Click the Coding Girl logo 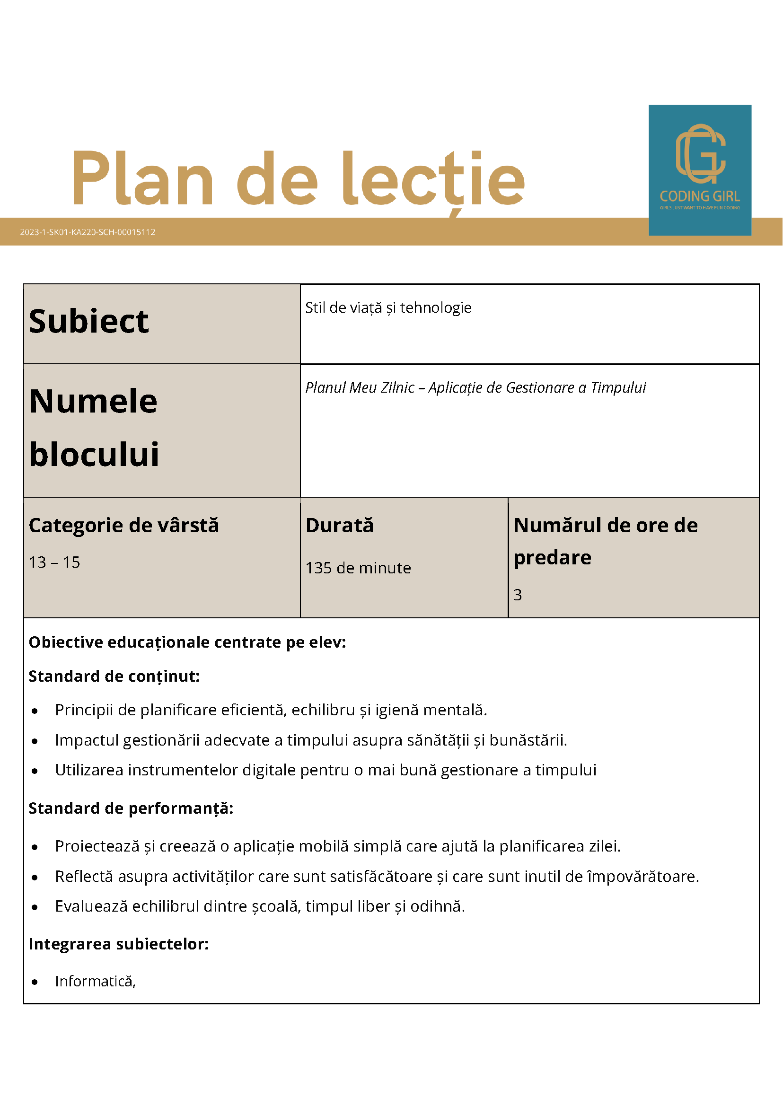point(700,170)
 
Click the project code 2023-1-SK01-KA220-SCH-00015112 point(88,232)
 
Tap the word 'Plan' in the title point(142,178)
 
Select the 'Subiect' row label point(89,322)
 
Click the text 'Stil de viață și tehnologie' point(388,307)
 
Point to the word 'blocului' point(94,455)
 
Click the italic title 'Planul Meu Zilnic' point(360,387)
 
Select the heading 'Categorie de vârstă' point(124,526)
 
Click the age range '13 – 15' point(54,562)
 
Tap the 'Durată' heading point(339,526)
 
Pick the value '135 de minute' point(358,568)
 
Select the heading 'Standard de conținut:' point(114,676)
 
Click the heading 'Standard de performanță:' point(131,808)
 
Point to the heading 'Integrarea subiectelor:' point(119,944)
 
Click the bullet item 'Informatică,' point(96,981)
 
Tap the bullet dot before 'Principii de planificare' point(35,711)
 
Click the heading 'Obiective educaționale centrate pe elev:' point(187,642)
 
